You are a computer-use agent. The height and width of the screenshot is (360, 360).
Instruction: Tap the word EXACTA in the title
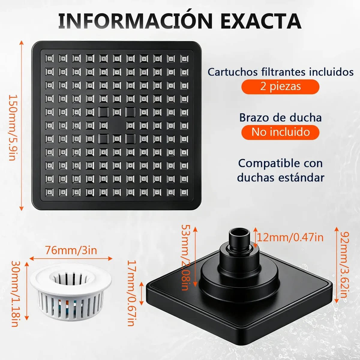coord(261,21)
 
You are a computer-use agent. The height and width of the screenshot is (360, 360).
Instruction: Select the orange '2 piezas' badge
coord(280,86)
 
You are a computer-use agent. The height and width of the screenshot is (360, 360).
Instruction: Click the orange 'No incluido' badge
coord(280,132)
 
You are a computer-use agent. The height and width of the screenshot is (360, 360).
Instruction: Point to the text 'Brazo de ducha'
coord(280,118)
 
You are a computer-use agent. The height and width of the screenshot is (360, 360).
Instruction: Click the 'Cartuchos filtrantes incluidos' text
coord(280,72)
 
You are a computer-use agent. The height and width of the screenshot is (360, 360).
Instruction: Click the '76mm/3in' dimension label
coord(71,250)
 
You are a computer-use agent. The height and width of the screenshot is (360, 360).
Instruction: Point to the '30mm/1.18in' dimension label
coord(15,295)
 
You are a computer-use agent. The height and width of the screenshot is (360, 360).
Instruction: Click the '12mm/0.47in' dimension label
coord(290,237)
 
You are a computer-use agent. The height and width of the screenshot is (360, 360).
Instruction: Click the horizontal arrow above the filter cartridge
coord(71,259)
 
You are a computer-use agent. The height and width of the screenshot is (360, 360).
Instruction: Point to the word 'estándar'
coord(301,178)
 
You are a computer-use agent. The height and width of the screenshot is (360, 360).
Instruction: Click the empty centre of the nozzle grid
coord(117,125)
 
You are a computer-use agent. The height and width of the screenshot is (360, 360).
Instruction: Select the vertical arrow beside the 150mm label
coord(22,125)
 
